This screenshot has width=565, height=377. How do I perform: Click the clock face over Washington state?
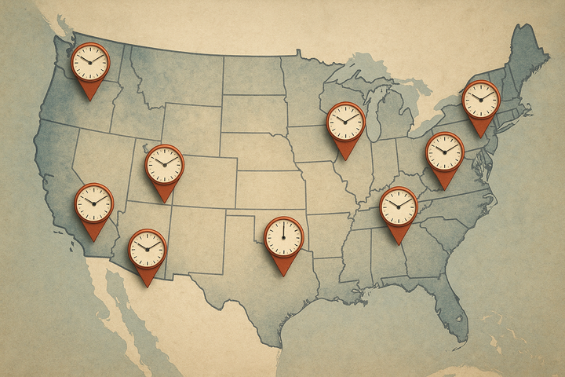click(x=90, y=62)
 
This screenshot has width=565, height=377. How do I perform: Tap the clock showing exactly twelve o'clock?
click(x=283, y=236)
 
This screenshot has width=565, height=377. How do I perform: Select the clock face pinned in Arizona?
click(x=147, y=248)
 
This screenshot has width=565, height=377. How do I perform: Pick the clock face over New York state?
click(x=480, y=99)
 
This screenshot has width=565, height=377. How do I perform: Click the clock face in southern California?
click(x=94, y=203)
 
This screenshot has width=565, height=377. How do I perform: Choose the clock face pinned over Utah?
click(x=164, y=164)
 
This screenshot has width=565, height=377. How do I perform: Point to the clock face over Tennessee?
click(x=399, y=206)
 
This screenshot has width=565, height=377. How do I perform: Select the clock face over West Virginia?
click(x=445, y=151)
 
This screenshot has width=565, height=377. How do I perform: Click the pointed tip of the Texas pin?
click(x=283, y=275)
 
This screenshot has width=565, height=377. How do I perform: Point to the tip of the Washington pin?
click(x=90, y=100)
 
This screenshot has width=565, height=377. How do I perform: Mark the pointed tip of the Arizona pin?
click(x=147, y=286)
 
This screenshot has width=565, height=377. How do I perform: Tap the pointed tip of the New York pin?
click(x=480, y=137)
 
